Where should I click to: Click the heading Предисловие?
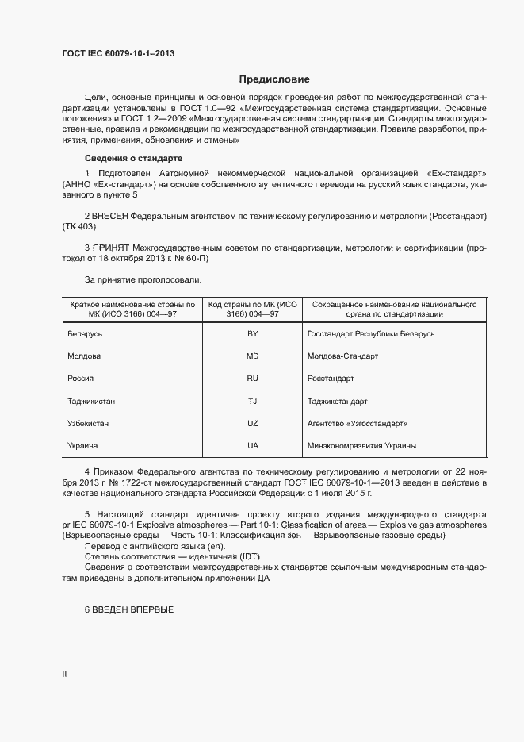coord(274,79)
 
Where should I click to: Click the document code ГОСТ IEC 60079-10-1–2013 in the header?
coord(118,54)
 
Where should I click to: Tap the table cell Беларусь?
coord(86,334)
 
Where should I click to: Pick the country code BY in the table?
coord(252,334)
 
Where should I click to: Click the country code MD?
coord(252,356)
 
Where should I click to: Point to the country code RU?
coord(252,379)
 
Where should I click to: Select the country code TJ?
coord(252,401)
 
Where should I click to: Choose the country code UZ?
coord(252,423)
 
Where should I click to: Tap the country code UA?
coord(252,445)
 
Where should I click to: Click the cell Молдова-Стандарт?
coord(342,356)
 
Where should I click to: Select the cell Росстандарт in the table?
coord(330,379)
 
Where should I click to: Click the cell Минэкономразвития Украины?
coord(361,445)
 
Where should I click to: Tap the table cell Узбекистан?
coord(89,423)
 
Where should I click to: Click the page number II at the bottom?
coord(64,674)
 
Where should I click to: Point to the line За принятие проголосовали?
coord(143,279)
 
